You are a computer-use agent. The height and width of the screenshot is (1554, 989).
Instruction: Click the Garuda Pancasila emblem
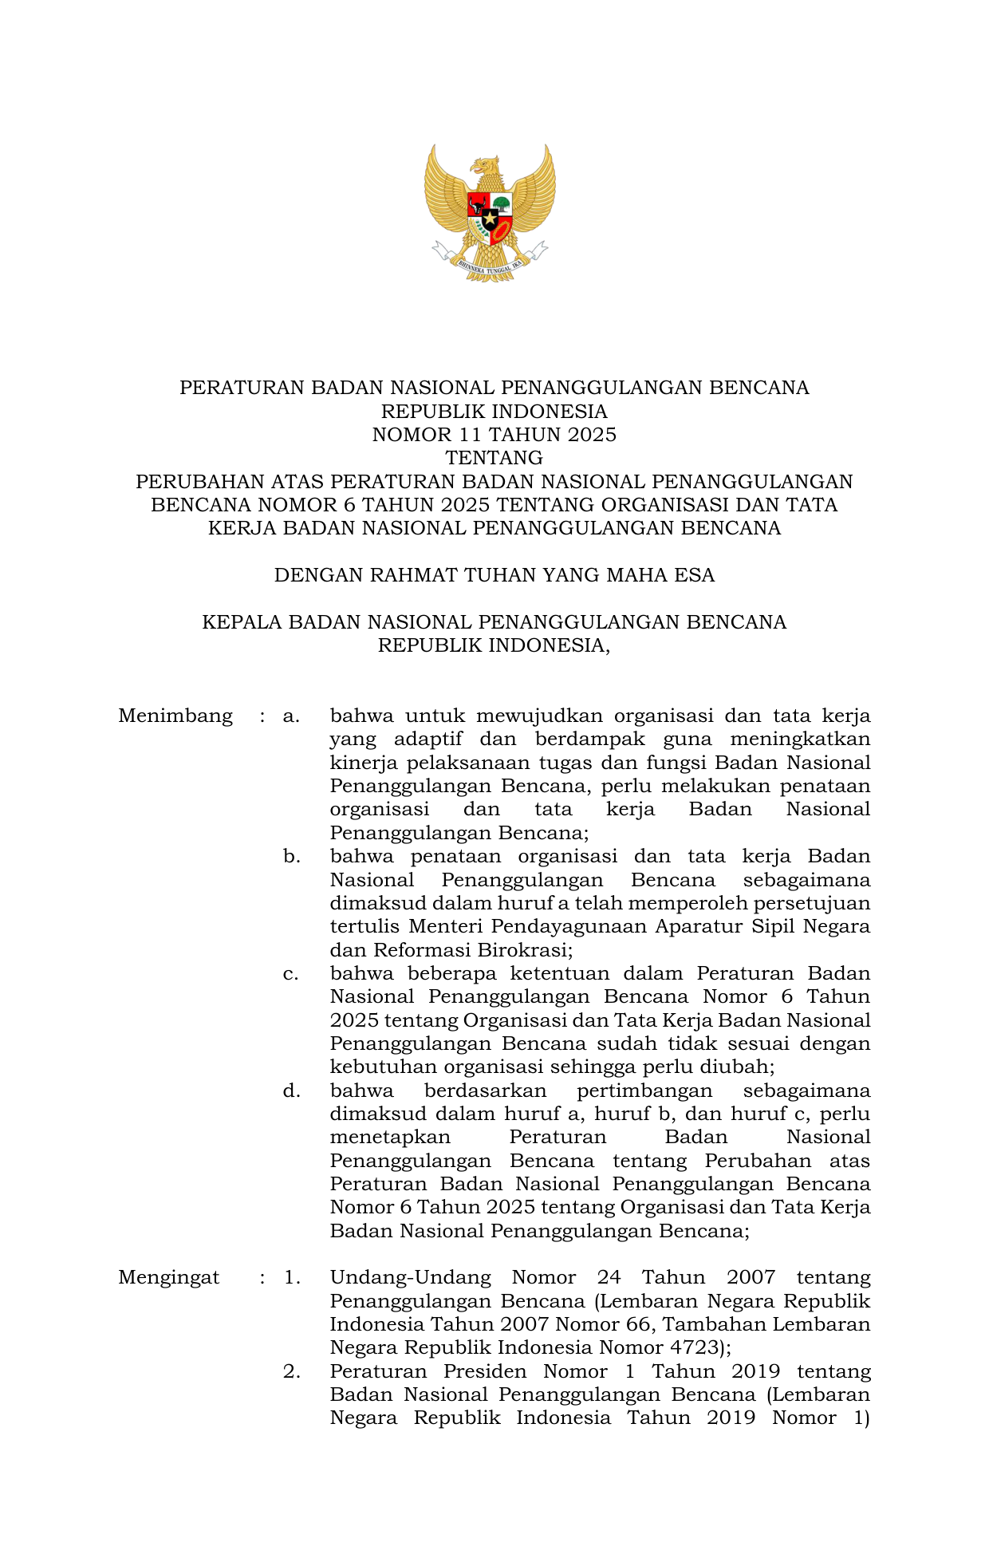click(490, 212)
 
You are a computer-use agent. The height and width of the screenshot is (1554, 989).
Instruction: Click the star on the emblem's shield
click(489, 217)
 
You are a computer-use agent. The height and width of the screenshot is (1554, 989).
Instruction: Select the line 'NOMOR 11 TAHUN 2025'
click(494, 435)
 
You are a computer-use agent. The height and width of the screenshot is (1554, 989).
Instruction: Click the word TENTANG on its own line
click(494, 458)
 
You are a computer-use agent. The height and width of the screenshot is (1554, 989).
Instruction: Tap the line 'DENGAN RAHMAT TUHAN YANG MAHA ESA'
click(494, 575)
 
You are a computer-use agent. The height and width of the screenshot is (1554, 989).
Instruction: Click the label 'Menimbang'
click(175, 716)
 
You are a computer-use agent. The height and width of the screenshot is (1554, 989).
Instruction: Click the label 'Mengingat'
click(168, 1277)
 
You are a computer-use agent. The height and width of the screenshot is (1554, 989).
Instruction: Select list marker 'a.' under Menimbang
click(291, 716)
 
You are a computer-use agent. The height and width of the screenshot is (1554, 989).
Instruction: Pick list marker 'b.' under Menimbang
click(291, 856)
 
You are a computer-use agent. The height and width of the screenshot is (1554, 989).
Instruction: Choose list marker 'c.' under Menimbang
click(291, 973)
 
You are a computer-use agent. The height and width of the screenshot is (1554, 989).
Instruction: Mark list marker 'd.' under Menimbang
click(291, 1091)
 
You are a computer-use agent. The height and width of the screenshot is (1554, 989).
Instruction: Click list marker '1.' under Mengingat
click(292, 1277)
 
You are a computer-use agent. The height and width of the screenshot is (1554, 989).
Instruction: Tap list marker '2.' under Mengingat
click(292, 1371)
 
